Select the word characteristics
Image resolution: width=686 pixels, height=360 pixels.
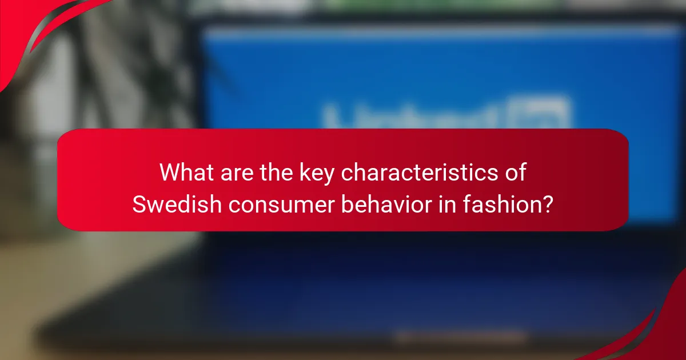click(x=420, y=173)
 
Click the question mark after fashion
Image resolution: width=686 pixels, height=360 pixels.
click(x=547, y=204)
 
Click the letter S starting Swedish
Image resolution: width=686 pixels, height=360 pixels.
click(x=139, y=204)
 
